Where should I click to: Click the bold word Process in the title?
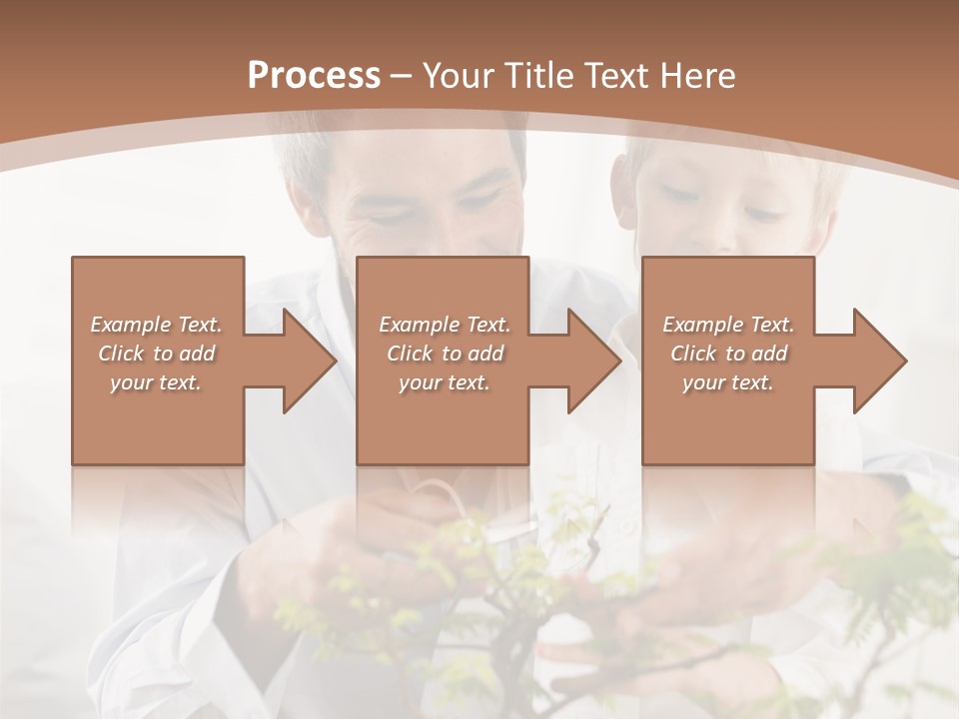tap(314, 76)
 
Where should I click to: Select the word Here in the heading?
tap(696, 76)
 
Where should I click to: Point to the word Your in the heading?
tap(459, 76)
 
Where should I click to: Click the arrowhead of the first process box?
tap(306, 360)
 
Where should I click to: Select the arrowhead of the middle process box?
tap(591, 360)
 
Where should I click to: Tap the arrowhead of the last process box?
tap(877, 360)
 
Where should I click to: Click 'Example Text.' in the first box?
tap(156, 325)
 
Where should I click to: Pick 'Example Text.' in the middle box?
tap(445, 325)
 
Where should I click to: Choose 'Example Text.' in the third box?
tap(728, 325)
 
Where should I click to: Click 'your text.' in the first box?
tap(156, 382)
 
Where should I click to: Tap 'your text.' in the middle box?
tap(445, 382)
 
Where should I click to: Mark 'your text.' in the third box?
tap(728, 382)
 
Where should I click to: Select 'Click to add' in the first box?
tap(156, 354)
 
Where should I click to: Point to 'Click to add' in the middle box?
tap(445, 354)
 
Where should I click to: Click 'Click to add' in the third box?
tap(728, 354)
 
